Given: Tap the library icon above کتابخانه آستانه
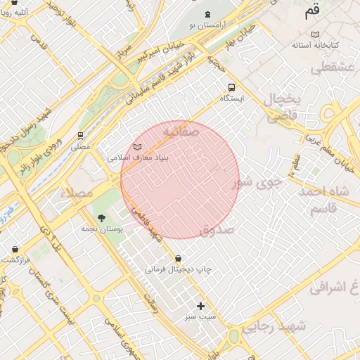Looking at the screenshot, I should pos(316,34).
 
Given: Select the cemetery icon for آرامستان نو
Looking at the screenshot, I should pos(207,14).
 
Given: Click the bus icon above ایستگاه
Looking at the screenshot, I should pos(231,88).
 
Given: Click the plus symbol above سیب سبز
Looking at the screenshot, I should pos(200,306).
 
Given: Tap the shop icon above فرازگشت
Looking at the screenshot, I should pos(15,249).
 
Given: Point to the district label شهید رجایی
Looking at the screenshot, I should pos(275,326).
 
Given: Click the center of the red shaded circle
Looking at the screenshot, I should pos(180,180).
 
